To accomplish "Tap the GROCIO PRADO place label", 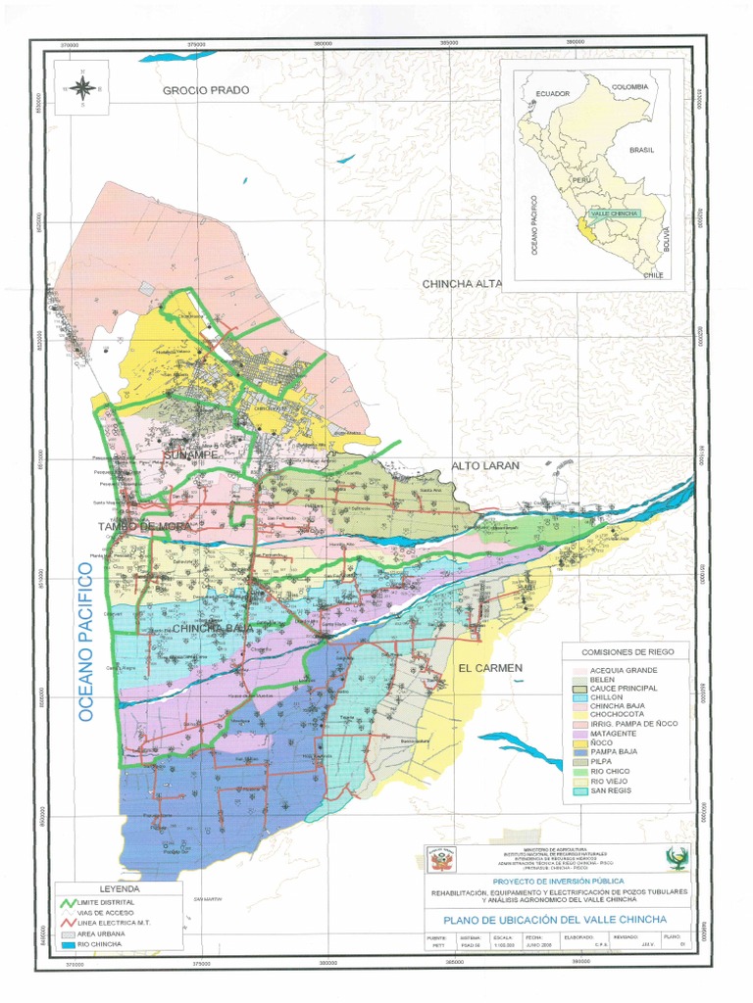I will (206, 90).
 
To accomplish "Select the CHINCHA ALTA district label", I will (462, 284).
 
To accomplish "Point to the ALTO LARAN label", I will (485, 466).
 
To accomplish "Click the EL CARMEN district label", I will (490, 668).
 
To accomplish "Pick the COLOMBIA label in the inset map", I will (629, 87).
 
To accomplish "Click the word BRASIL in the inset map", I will (642, 150).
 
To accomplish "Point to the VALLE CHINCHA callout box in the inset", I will (614, 213).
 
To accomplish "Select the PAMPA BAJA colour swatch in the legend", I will (580, 752).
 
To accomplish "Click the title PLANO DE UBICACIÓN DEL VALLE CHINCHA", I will (554, 920).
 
